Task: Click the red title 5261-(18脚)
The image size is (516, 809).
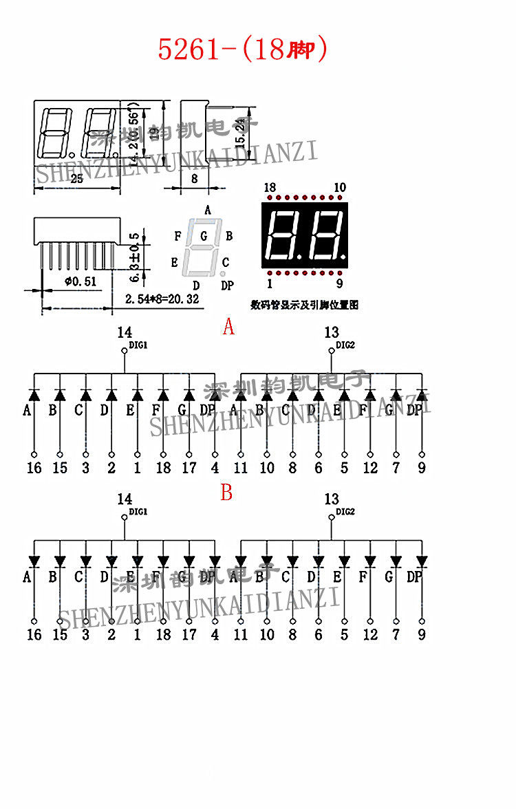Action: coord(242,50)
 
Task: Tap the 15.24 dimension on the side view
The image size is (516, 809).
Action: coord(239,130)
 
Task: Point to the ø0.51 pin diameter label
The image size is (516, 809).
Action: coord(80,281)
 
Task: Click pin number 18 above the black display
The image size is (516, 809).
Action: coord(269,188)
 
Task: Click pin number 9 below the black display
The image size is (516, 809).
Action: coord(339,283)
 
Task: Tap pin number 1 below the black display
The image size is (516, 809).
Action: coord(269,283)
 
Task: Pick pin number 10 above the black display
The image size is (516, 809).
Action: coord(339,188)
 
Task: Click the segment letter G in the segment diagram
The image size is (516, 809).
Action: coord(204,237)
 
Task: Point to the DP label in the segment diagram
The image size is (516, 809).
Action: coord(227,285)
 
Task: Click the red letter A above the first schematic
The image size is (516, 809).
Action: coord(228,327)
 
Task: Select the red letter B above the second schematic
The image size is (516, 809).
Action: coord(226,493)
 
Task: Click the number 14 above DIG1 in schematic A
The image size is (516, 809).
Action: coord(125,333)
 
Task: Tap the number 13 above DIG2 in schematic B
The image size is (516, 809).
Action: coord(332,499)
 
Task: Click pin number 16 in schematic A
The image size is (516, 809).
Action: coord(34,468)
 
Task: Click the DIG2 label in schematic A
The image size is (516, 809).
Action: coord(345,345)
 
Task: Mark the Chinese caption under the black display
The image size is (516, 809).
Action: coord(304,304)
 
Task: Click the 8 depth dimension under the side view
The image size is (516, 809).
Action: coord(194,178)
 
